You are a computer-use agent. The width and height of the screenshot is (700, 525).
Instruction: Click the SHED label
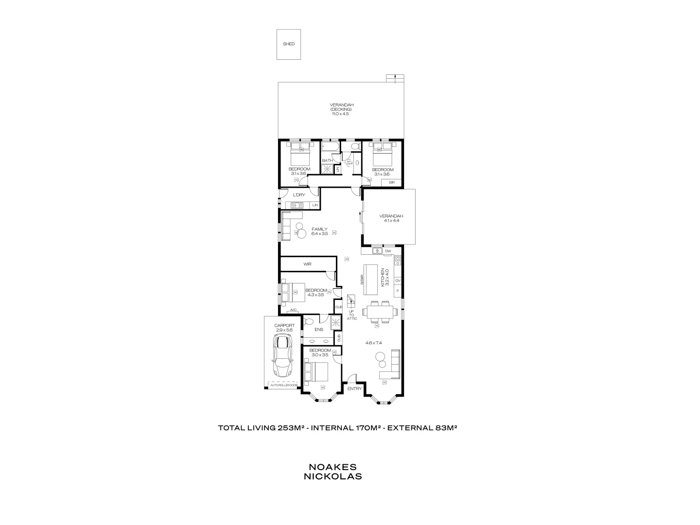289,44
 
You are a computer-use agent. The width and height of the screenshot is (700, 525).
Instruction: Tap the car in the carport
282,357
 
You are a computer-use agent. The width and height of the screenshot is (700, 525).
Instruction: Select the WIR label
307,264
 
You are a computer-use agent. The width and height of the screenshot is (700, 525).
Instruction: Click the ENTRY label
354,388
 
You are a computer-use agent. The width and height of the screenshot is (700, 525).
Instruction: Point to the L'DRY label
298,195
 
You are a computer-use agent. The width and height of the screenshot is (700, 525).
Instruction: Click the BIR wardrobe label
392,182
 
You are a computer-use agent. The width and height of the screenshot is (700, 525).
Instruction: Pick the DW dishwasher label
388,251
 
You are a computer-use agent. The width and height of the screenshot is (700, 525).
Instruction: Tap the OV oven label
398,280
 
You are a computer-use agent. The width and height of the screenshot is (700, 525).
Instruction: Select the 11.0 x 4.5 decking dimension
341,114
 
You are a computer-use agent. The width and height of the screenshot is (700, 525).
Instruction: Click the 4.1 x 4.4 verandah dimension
391,221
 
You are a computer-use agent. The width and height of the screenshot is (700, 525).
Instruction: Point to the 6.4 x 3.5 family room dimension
319,234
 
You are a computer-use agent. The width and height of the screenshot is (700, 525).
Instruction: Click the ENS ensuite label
319,330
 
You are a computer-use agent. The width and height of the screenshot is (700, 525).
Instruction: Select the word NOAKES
332,467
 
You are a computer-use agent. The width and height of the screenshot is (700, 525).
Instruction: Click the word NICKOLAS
332,476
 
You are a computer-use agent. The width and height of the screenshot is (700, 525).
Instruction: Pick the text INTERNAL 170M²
345,428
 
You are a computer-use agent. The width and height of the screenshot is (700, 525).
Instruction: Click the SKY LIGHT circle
349,162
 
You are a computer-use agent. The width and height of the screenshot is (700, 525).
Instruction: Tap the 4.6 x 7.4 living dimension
373,343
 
